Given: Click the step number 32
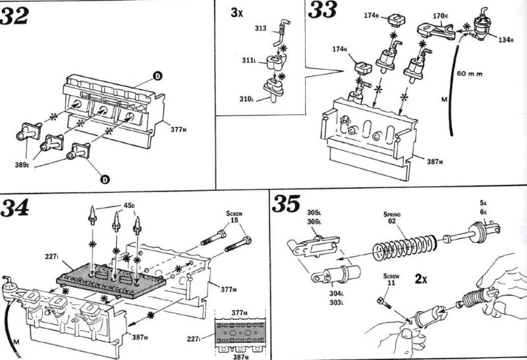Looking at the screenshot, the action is (x=14, y=16).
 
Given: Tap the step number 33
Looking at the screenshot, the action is (x=322, y=10).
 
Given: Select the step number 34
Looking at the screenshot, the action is (x=14, y=207).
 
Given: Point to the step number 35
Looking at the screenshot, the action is (x=286, y=203).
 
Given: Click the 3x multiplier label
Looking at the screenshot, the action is (x=236, y=13).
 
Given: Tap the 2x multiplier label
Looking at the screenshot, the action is (x=421, y=278).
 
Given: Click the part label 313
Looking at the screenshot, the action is (x=260, y=28).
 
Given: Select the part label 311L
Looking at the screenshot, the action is (x=249, y=61).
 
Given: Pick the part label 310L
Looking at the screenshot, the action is (x=246, y=99).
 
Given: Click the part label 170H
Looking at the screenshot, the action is (x=440, y=15).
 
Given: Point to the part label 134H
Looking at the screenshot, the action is (x=506, y=40).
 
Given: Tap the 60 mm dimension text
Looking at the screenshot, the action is (x=470, y=73).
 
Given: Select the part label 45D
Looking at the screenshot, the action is (x=129, y=205).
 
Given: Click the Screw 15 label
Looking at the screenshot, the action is (x=235, y=217).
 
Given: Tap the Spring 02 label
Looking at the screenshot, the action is (x=392, y=218).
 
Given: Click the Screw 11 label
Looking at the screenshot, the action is (x=391, y=280).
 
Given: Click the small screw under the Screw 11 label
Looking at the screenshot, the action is (x=385, y=302).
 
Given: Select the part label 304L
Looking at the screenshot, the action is (x=336, y=294).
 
